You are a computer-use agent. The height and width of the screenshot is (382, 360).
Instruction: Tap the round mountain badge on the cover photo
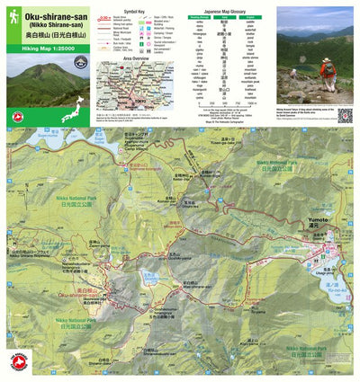pyautogui.click(x=80, y=61)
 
